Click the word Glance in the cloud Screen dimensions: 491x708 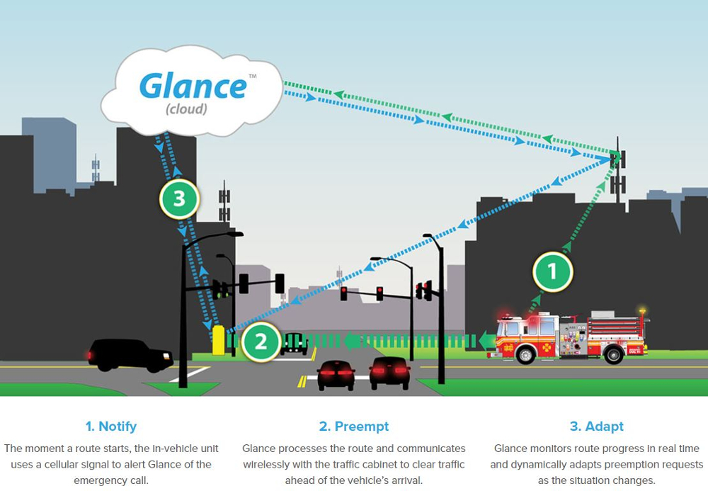(x=193, y=86)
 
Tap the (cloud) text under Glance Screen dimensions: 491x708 (x=186, y=109)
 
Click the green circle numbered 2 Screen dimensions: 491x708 (x=261, y=342)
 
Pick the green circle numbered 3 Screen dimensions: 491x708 (x=178, y=198)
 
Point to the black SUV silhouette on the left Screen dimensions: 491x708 (x=130, y=354)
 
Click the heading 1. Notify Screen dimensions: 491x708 (x=110, y=427)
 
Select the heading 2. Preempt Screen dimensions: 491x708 (x=353, y=427)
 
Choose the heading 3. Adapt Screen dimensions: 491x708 (x=596, y=427)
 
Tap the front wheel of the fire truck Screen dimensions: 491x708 (x=525, y=355)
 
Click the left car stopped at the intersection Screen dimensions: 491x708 (x=336, y=375)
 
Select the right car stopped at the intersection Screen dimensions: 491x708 (x=389, y=373)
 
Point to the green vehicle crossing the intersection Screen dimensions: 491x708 (x=294, y=343)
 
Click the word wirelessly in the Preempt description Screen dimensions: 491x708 (x=273, y=464)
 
